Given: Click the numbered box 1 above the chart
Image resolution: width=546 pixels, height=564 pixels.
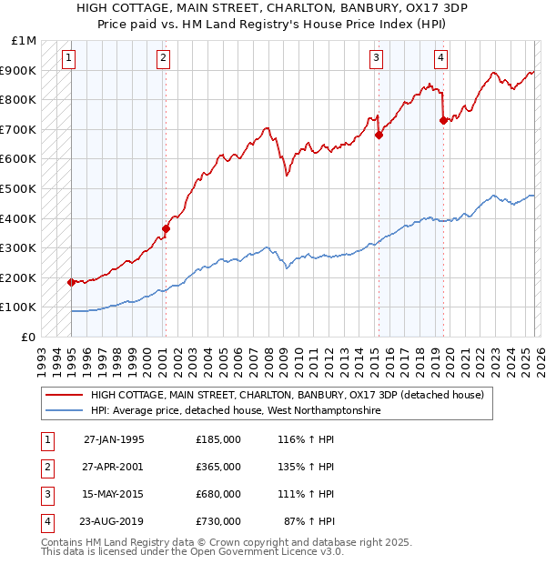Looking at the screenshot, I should pos(69,59).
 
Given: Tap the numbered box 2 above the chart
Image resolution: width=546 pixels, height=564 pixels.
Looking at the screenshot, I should pos(163,59).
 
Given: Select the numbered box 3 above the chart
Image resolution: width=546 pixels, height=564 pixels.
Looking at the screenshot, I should pos(376,59).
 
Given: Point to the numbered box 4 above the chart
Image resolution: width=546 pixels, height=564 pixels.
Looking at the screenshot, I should pos(440,59).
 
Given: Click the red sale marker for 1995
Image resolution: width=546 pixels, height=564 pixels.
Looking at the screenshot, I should pos(71,282).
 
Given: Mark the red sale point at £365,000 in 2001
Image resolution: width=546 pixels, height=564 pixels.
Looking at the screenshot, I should pos(166,229).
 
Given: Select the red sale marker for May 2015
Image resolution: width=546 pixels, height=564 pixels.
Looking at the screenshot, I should pos(379,136).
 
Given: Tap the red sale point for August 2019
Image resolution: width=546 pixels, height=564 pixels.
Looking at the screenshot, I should pos(443,120).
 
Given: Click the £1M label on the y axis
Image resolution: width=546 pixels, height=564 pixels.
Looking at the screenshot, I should pos(25,41).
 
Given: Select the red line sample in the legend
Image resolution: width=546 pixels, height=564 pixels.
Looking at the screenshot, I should pos(64,396).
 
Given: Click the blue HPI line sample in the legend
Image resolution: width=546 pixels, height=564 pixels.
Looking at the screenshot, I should pos(64,411).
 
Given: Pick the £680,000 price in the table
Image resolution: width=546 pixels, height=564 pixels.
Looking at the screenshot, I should pos(217,496).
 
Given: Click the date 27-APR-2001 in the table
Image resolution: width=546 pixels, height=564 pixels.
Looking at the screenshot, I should pos(114,467).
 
